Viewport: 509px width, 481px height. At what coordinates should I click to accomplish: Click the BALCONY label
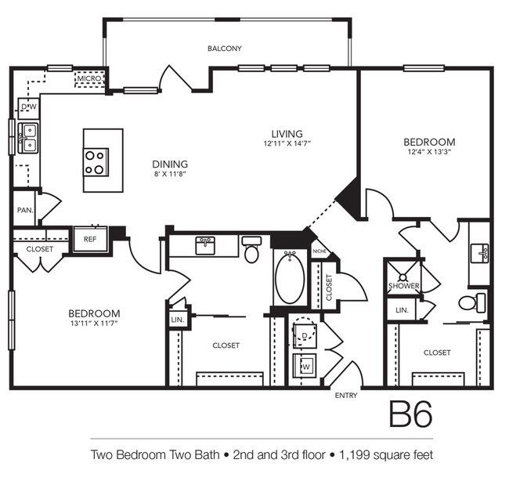(x=225, y=49)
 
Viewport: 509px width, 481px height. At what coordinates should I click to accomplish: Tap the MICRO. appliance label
(x=89, y=78)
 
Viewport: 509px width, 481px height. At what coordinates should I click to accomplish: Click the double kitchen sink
(x=28, y=138)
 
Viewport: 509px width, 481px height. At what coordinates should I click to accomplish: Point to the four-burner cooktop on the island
(x=96, y=162)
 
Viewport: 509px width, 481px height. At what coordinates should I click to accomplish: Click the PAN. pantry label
(x=25, y=210)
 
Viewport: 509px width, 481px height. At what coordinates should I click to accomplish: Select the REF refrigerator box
(x=90, y=240)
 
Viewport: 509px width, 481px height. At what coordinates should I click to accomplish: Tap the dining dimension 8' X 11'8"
(x=170, y=174)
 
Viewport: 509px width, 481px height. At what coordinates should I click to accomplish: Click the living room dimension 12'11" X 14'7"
(x=287, y=143)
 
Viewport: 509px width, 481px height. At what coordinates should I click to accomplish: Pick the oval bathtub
(x=290, y=278)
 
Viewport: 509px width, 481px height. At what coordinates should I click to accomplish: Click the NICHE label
(x=319, y=251)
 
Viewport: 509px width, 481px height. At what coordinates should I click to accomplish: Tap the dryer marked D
(x=305, y=332)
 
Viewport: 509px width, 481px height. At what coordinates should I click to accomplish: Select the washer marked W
(x=305, y=366)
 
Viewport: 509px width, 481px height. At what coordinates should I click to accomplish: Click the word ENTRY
(x=346, y=396)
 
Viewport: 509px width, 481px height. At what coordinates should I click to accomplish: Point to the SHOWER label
(x=404, y=286)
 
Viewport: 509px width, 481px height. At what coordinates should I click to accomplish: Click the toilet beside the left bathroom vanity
(x=252, y=249)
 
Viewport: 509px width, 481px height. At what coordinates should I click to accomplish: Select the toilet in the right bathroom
(x=472, y=302)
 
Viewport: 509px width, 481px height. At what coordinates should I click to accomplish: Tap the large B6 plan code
(x=411, y=414)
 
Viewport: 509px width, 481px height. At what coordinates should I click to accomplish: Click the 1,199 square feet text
(x=386, y=454)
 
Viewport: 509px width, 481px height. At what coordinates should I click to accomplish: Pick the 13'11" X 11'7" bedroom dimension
(x=94, y=324)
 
